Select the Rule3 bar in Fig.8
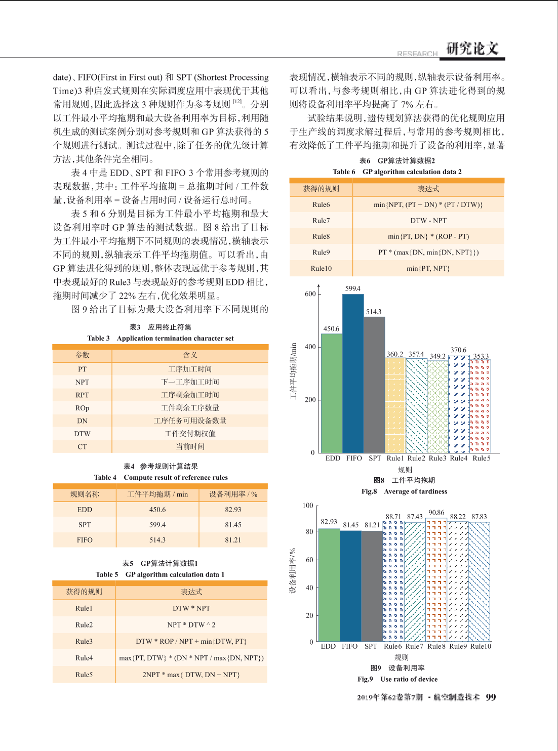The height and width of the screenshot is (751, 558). (x=437, y=407)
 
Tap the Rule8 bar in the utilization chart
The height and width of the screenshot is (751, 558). (x=436, y=579)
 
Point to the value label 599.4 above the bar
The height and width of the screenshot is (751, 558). (x=353, y=288)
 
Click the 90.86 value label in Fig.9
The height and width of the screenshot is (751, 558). (x=436, y=513)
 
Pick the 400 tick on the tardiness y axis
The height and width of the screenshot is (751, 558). (x=310, y=347)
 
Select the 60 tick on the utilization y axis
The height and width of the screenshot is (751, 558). (x=310, y=560)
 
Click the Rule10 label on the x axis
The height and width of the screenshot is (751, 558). (x=481, y=646)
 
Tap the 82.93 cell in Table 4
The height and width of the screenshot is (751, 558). (x=233, y=509)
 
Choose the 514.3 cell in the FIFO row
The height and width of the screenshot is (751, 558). (x=157, y=539)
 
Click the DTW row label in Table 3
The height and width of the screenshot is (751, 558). (x=83, y=433)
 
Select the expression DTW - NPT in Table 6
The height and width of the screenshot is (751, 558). (x=428, y=221)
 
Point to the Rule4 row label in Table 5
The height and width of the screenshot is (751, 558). (x=84, y=657)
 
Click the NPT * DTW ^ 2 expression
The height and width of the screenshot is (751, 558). (x=191, y=624)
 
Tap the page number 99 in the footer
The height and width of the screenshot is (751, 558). (x=491, y=697)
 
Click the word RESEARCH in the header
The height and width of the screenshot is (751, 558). (x=417, y=54)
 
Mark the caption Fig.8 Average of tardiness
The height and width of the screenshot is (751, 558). (x=404, y=491)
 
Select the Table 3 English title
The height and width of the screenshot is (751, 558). (x=160, y=338)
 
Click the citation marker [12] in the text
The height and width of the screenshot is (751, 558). (x=237, y=102)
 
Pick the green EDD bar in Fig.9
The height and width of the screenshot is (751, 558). (x=329, y=585)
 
